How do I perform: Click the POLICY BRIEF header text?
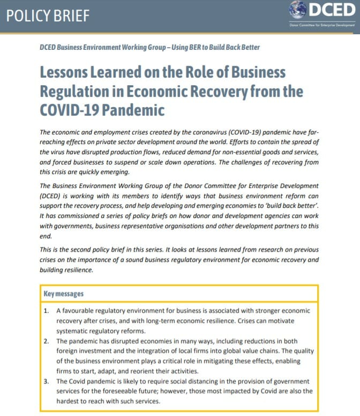click(47, 15)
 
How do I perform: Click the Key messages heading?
click(64, 293)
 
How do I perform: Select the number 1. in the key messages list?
click(47, 311)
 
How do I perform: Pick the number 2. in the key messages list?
click(47, 341)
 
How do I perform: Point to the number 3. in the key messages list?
click(47, 381)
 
